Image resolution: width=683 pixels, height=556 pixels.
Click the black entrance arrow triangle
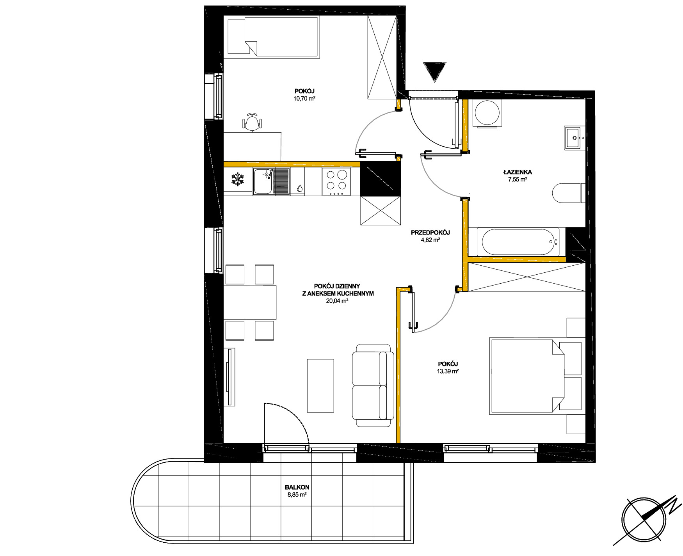(434, 72)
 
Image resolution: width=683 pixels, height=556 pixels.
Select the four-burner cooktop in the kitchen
(336, 182)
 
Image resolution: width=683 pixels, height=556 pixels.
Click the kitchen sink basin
(263, 181)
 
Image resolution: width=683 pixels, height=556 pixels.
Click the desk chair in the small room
(253, 122)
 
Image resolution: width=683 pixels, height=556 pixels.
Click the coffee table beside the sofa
(320, 386)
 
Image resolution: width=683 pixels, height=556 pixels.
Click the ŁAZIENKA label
(518, 172)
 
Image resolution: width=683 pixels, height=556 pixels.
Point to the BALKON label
(297, 487)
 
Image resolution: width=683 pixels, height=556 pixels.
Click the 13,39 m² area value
(448, 371)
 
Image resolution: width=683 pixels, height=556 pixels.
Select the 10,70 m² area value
(304, 99)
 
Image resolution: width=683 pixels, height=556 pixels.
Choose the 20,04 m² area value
(337, 301)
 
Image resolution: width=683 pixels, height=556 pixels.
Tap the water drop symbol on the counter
(299, 188)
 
